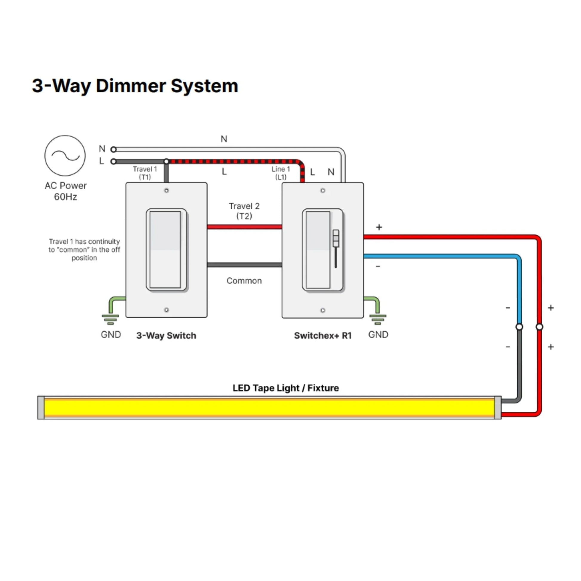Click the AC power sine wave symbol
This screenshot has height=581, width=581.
(65, 156)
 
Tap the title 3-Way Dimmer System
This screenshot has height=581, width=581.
(135, 86)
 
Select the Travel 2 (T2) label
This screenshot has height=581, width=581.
(244, 211)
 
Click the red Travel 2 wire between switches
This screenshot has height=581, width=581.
(244, 227)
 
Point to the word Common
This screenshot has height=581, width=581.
(244, 281)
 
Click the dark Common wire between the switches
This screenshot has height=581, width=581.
(244, 265)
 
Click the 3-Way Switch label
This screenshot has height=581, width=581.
(166, 335)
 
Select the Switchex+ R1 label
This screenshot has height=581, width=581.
(323, 335)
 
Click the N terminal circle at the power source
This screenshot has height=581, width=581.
(113, 149)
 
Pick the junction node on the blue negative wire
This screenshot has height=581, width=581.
(519, 327)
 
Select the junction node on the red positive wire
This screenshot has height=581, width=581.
(539, 327)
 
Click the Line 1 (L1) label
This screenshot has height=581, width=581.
(281, 173)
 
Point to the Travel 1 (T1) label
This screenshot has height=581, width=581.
(145, 173)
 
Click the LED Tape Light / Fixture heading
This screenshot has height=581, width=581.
(285, 388)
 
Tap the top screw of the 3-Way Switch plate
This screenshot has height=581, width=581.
(166, 190)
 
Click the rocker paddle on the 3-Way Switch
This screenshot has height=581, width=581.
(166, 250)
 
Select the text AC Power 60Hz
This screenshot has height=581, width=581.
(66, 191)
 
